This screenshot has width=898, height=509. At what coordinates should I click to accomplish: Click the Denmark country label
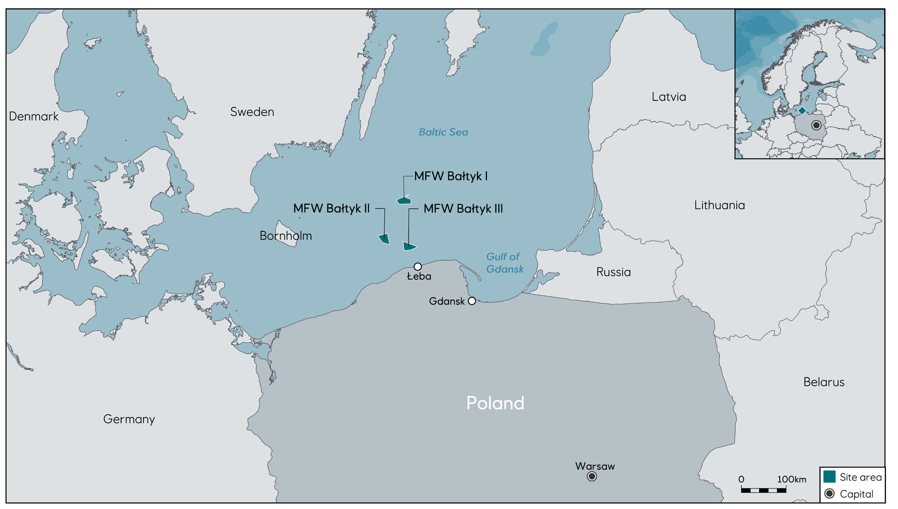tap(34, 116)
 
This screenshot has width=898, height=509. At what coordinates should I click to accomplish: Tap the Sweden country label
tap(252, 112)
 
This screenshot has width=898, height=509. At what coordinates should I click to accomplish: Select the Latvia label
tap(669, 97)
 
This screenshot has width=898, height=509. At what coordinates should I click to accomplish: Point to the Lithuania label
tap(719, 205)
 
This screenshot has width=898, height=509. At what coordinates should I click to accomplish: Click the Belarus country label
tap(824, 382)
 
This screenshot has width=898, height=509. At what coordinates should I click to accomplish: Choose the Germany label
tap(129, 419)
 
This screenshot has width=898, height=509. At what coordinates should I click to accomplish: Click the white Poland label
tap(495, 403)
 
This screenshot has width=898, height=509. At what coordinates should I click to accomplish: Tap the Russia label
tap(613, 272)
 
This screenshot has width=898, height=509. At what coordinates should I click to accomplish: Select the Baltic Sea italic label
tap(443, 132)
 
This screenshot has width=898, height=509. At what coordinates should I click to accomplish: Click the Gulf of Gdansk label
tap(505, 263)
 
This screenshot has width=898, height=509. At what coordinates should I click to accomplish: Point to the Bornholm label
tap(285, 236)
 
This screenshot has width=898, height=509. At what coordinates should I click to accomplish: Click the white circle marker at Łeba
tap(418, 267)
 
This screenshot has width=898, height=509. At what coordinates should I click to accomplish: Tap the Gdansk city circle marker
tap(472, 301)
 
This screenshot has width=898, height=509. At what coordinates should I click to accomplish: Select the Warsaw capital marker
tap(592, 476)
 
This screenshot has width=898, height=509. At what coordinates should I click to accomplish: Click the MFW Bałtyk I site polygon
tap(404, 201)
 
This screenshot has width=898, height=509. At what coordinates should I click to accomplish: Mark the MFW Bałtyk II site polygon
tap(384, 239)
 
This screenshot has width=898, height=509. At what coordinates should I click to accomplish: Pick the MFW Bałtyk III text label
tap(463, 208)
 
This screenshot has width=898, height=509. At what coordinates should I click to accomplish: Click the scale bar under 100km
tap(763, 490)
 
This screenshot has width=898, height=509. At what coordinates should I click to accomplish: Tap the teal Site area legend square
tap(829, 477)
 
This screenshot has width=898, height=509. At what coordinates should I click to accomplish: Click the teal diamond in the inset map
tap(802, 111)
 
